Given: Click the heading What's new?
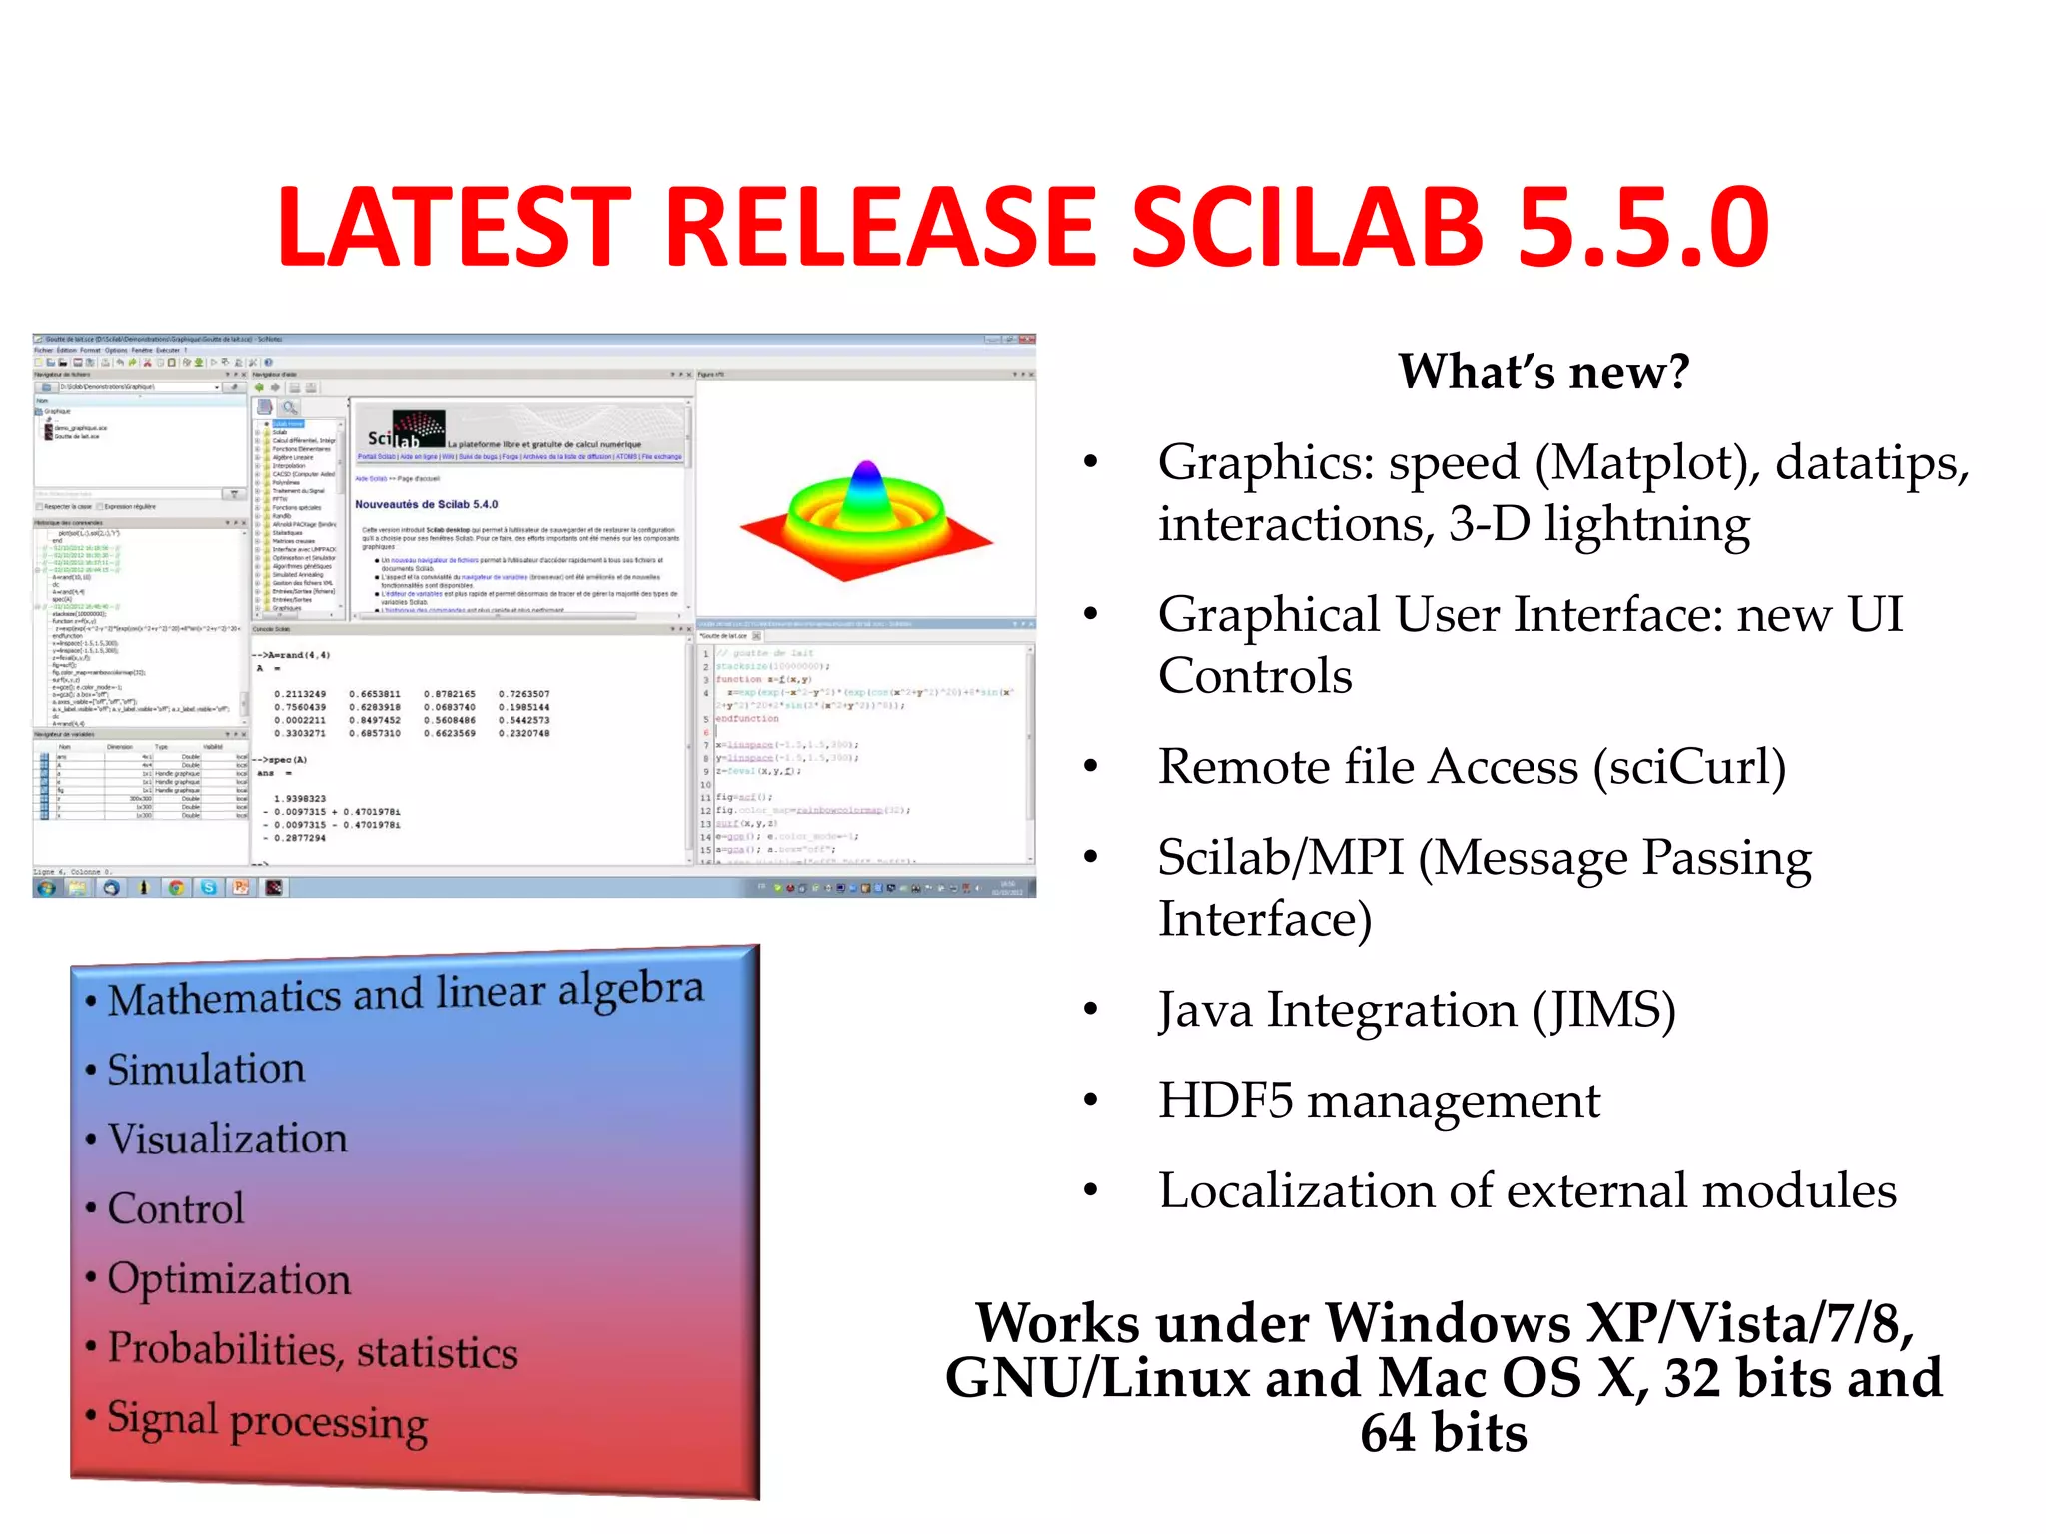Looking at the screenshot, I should [x=1543, y=372].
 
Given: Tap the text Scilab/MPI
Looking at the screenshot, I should [x=1280, y=858].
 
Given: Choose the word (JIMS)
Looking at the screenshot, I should [x=1604, y=1010].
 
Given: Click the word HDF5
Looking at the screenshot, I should [x=1225, y=1101].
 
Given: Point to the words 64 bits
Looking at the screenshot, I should [x=1444, y=1433].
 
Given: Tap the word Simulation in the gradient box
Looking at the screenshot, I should [x=206, y=1069].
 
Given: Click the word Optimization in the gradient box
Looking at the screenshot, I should [x=229, y=1279].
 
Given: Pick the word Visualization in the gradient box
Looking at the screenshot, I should [x=228, y=1139].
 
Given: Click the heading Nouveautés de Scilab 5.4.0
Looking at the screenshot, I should [x=426, y=505].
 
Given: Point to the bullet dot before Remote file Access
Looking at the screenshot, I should [x=1091, y=767].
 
